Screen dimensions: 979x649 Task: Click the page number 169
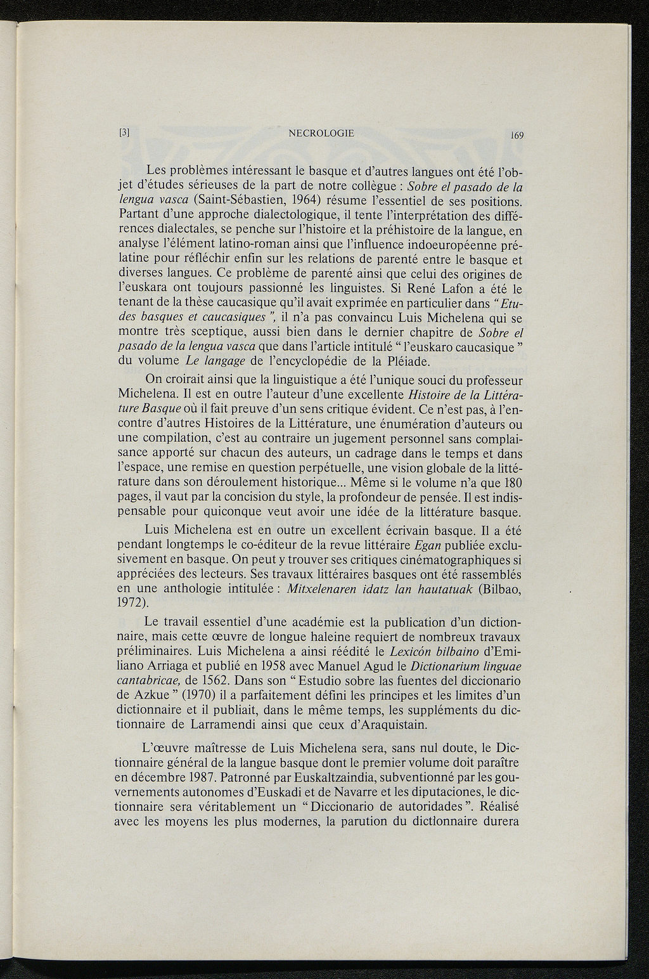point(513,135)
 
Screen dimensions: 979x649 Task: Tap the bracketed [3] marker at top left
point(124,133)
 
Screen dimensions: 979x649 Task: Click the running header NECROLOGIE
point(321,133)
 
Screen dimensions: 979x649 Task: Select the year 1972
point(133,604)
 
